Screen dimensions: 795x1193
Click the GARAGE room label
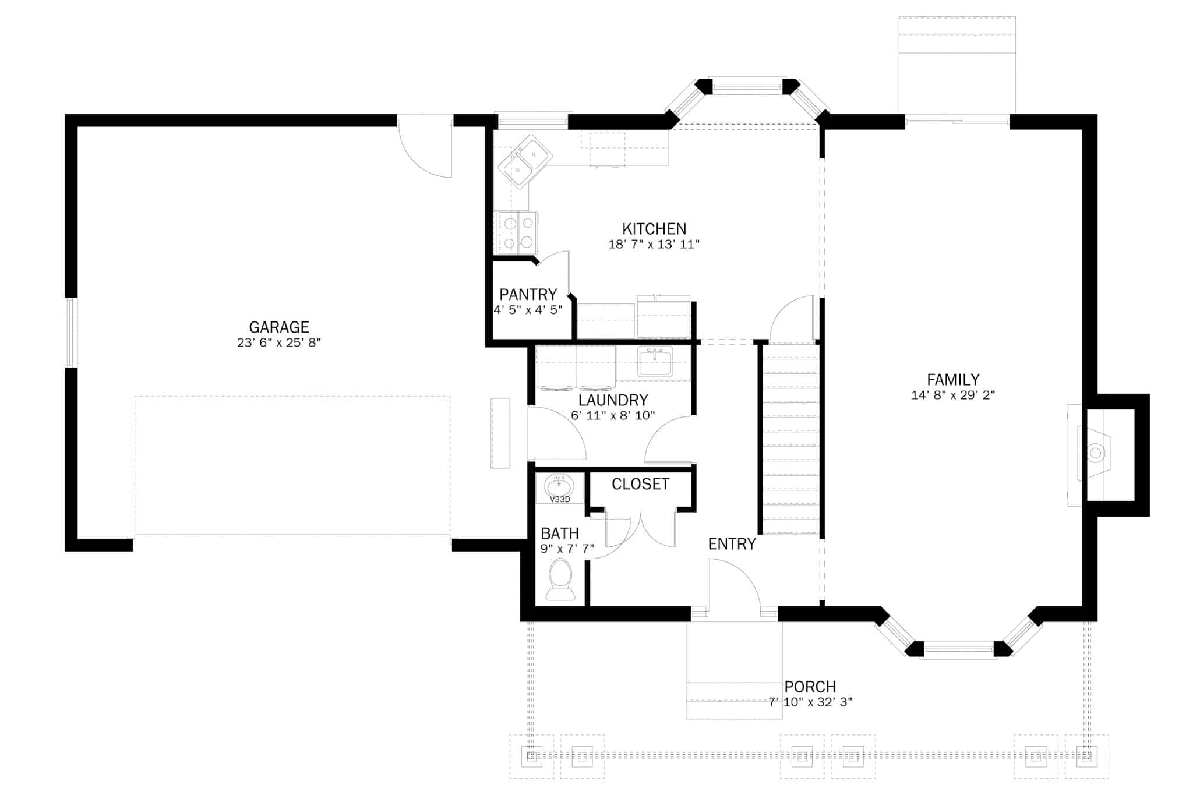pyautogui.click(x=279, y=327)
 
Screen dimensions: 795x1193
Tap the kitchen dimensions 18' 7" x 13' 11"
pyautogui.click(x=654, y=244)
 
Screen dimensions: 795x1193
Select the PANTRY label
pyautogui.click(x=528, y=295)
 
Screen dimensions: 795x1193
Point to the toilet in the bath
pyautogui.click(x=560, y=579)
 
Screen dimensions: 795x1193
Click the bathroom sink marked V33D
pyautogui.click(x=559, y=487)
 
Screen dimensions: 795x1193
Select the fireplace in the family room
pyautogui.click(x=1096, y=453)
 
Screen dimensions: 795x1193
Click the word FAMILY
pyautogui.click(x=953, y=380)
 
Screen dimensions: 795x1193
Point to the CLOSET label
pyautogui.click(x=640, y=485)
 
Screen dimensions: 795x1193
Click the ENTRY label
pyautogui.click(x=732, y=544)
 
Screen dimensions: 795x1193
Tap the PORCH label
pyautogui.click(x=810, y=687)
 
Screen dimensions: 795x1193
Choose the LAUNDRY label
pyautogui.click(x=613, y=401)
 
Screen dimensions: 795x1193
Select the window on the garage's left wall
pyautogui.click(x=70, y=333)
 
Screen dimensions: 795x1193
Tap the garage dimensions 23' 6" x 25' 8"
pyautogui.click(x=279, y=343)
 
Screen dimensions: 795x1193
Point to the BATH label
pyautogui.click(x=560, y=533)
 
